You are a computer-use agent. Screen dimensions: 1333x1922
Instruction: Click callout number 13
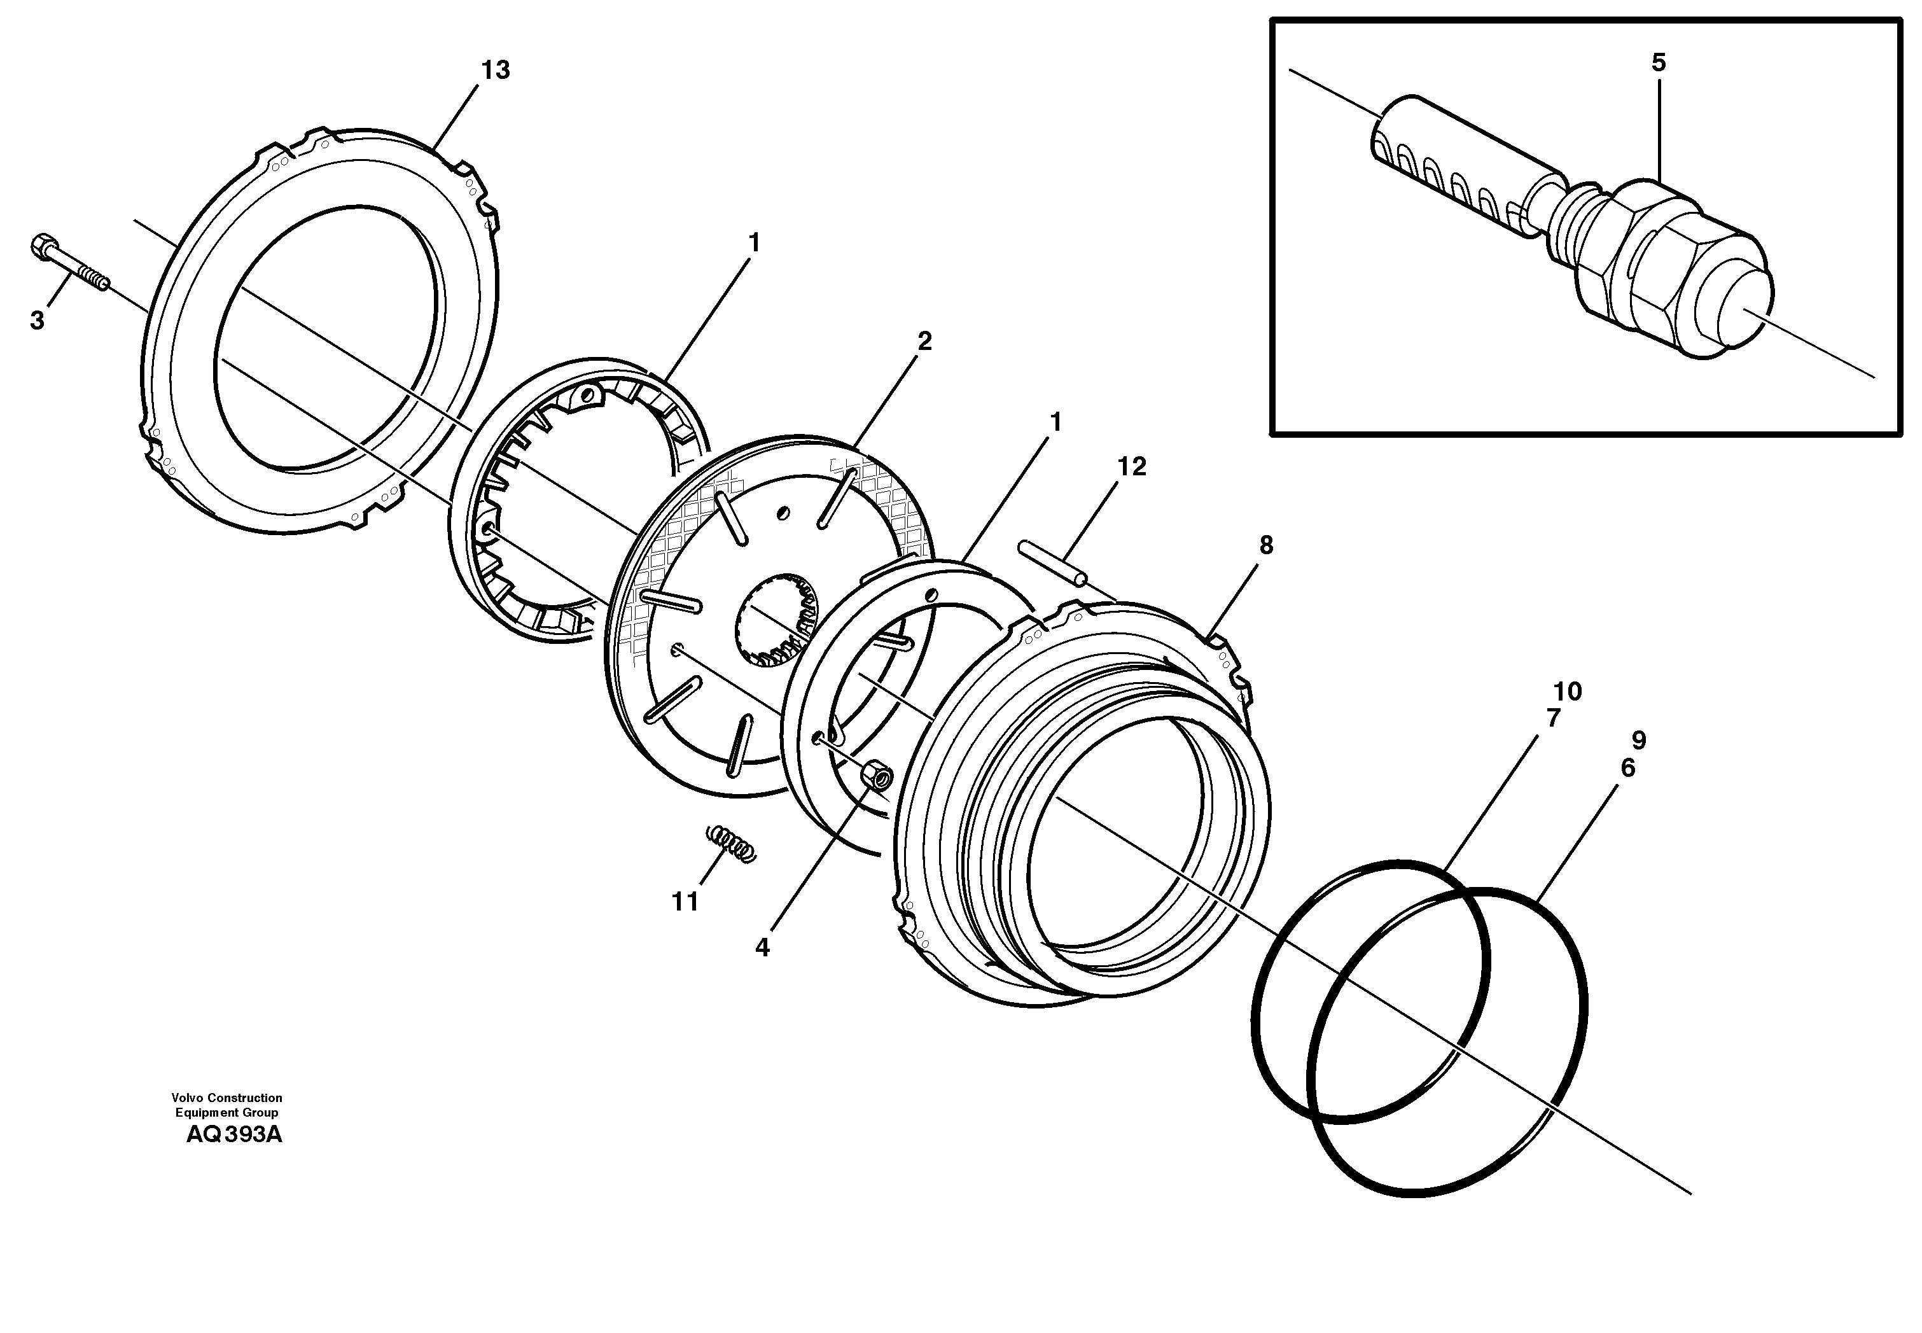pyautogui.click(x=495, y=70)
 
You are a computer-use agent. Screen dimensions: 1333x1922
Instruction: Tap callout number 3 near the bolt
pyautogui.click(x=37, y=321)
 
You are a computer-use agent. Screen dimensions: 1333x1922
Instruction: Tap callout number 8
pyautogui.click(x=1266, y=545)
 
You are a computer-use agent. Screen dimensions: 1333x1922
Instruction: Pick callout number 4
pyautogui.click(x=762, y=947)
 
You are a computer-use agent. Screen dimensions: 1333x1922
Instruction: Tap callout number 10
pyautogui.click(x=1567, y=692)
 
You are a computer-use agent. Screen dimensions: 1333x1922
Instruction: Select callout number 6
pyautogui.click(x=1627, y=769)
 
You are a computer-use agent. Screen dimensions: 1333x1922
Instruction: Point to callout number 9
pyautogui.click(x=1638, y=740)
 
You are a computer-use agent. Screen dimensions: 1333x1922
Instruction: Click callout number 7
pyautogui.click(x=1553, y=718)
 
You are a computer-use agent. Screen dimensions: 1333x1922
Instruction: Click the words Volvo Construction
pyautogui.click(x=226, y=1098)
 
